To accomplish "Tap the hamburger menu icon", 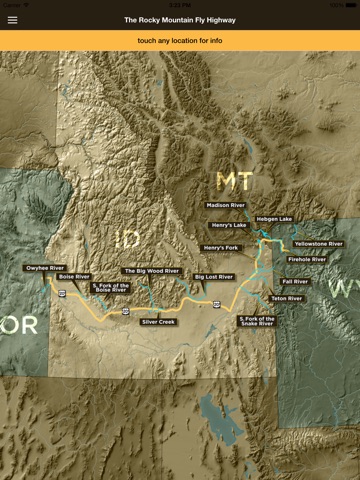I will coord(12,20).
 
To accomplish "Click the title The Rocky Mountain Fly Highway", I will coord(179,20).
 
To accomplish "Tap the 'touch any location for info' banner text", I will coord(179,41).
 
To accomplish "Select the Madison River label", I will coord(225,204).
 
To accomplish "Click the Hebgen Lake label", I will coord(274,219).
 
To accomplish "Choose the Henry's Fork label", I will coord(221,247).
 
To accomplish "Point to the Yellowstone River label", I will coord(318,244).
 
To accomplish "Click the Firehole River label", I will coord(306,259).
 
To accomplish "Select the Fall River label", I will coord(295,282).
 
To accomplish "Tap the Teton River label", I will coord(287,298).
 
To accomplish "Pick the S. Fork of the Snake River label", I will coord(257,320).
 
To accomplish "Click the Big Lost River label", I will coord(213,276).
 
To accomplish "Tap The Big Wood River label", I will coord(150,271).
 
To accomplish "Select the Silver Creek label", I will coord(158,322).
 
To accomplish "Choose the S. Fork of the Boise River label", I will coord(110,288).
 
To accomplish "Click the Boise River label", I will coord(74,276).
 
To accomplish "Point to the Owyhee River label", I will coord(45,268).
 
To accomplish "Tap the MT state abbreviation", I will coord(232,180).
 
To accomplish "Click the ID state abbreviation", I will coord(129,239).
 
